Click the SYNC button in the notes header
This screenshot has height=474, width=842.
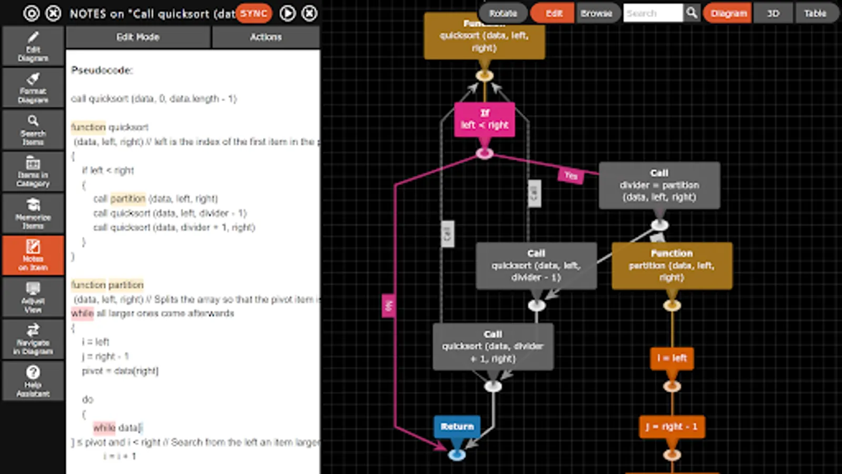(254, 13)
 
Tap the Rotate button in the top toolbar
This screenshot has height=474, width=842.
(503, 13)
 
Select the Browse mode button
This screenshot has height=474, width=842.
(596, 13)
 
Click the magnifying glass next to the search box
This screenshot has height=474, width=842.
(691, 13)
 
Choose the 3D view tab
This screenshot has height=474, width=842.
(773, 13)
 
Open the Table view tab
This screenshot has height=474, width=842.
(815, 13)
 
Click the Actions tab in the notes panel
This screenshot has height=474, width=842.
(266, 37)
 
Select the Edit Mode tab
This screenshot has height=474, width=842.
(138, 37)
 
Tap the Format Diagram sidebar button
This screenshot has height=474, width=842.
(33, 88)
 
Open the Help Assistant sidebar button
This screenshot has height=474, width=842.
(33, 381)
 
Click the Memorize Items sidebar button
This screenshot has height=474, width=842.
(33, 213)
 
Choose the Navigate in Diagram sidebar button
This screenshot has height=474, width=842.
(33, 339)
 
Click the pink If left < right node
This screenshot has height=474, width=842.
(484, 120)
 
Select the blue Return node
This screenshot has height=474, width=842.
(457, 427)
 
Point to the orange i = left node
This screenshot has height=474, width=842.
(672, 358)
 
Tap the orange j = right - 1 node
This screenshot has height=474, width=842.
(671, 427)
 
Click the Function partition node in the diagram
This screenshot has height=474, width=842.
(671, 265)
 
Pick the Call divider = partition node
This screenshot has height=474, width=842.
(659, 185)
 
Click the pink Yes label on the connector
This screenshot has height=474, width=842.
(571, 175)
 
